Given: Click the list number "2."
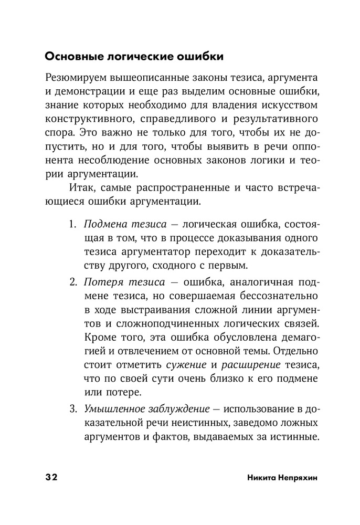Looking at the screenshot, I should pos(73,283).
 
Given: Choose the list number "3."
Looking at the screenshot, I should pos(73,407).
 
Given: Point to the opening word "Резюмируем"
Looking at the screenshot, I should pos(77,78).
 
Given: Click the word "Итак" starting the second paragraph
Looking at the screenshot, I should pos(80,187).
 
